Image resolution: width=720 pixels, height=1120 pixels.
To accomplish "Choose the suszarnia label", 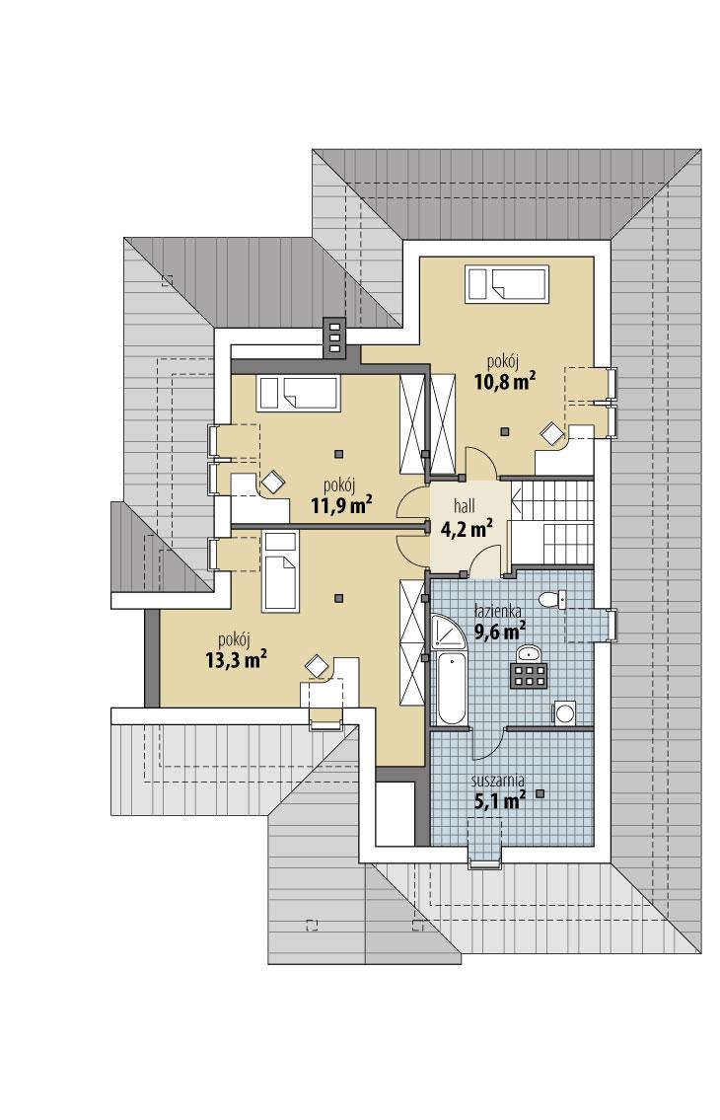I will [498, 780].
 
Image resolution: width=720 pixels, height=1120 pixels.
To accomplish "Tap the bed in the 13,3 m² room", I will [279, 570].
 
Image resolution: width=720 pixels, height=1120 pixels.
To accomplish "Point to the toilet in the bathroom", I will [553, 598].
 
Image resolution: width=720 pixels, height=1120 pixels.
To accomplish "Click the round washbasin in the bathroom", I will [529, 651].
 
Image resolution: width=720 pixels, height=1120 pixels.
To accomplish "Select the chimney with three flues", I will [334, 339].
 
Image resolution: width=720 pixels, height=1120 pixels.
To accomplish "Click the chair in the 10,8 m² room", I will [549, 432].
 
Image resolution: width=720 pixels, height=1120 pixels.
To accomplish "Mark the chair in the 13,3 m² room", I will [316, 665].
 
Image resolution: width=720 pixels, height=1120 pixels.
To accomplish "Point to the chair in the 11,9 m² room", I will [270, 481].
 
